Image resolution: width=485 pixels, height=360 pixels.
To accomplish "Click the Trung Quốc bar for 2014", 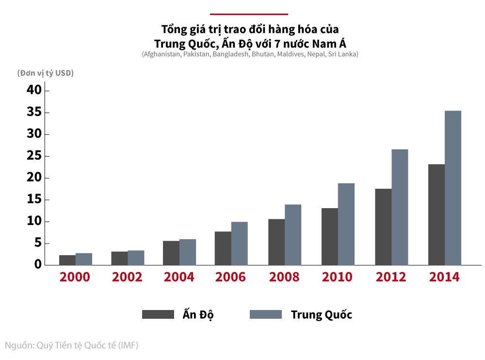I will pos(453,188).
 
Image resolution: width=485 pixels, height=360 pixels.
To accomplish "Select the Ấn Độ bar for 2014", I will pos(436,214).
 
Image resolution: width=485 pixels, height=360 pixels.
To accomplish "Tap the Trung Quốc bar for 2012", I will pos(400,207).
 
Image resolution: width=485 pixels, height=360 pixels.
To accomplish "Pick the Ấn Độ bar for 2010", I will pos(330,236).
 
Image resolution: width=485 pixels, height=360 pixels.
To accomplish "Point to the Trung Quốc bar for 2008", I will pos(293,235).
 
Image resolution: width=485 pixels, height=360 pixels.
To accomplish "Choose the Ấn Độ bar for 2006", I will pos(223,248).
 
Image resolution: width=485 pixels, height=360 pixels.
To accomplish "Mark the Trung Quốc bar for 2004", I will pos(188,252).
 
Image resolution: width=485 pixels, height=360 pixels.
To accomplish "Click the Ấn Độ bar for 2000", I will pos(67,260).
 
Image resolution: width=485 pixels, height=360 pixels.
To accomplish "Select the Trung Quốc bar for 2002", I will pos(136,258).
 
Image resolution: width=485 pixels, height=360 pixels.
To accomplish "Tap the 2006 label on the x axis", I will pos(230,277).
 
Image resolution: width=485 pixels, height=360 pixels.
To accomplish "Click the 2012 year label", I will pos(391,277).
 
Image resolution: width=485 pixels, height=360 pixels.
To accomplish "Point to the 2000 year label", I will pos(75,277).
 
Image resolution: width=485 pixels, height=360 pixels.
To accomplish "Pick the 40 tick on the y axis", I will pos(35,91).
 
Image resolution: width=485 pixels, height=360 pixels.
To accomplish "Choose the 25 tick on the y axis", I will pos(35,156).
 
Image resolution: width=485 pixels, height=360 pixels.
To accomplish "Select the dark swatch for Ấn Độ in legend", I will pos(158,314).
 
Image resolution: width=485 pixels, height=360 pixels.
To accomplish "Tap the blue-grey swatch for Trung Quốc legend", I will pos(266,314).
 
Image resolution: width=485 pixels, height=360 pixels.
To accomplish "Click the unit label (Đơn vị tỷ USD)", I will pos(46,73).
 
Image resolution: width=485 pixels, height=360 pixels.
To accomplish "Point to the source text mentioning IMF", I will pos(72,345).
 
